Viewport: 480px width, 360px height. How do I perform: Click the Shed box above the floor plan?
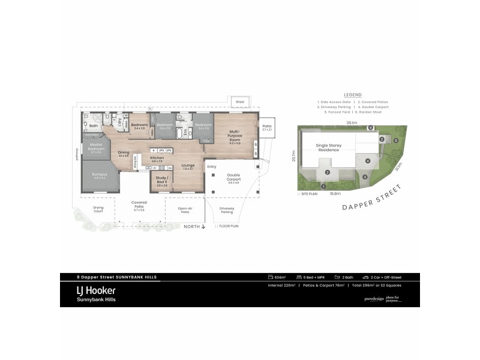pyautogui.click(x=239, y=102)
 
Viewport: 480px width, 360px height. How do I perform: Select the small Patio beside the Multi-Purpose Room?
pyautogui.click(x=267, y=127)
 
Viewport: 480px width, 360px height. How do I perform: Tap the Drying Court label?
pyautogui.click(x=98, y=210)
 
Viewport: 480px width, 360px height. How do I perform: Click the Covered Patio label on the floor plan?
pyautogui.click(x=139, y=207)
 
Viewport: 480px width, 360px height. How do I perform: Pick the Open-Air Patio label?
pyautogui.click(x=184, y=210)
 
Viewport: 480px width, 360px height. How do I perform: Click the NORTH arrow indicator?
pyautogui.click(x=196, y=226)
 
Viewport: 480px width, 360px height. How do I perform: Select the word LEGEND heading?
pyautogui.click(x=352, y=95)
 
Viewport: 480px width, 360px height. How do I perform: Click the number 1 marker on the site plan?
pyautogui.click(x=324, y=187)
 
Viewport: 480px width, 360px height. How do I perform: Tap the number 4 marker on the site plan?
pyautogui.click(x=367, y=161)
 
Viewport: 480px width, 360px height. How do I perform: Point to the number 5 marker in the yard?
pyautogui.click(x=396, y=140)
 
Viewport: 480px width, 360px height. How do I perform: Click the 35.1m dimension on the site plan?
pyautogui.click(x=352, y=122)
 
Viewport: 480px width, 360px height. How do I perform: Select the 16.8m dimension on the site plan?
pyautogui.click(x=335, y=193)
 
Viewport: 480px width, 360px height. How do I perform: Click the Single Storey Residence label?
pyautogui.click(x=328, y=147)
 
